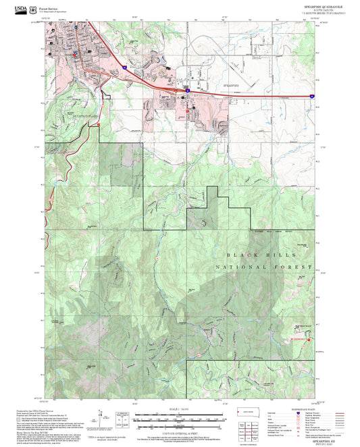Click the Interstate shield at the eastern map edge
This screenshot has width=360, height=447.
pos(312,97)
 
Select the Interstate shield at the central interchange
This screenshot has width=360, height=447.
pos(187,88)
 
